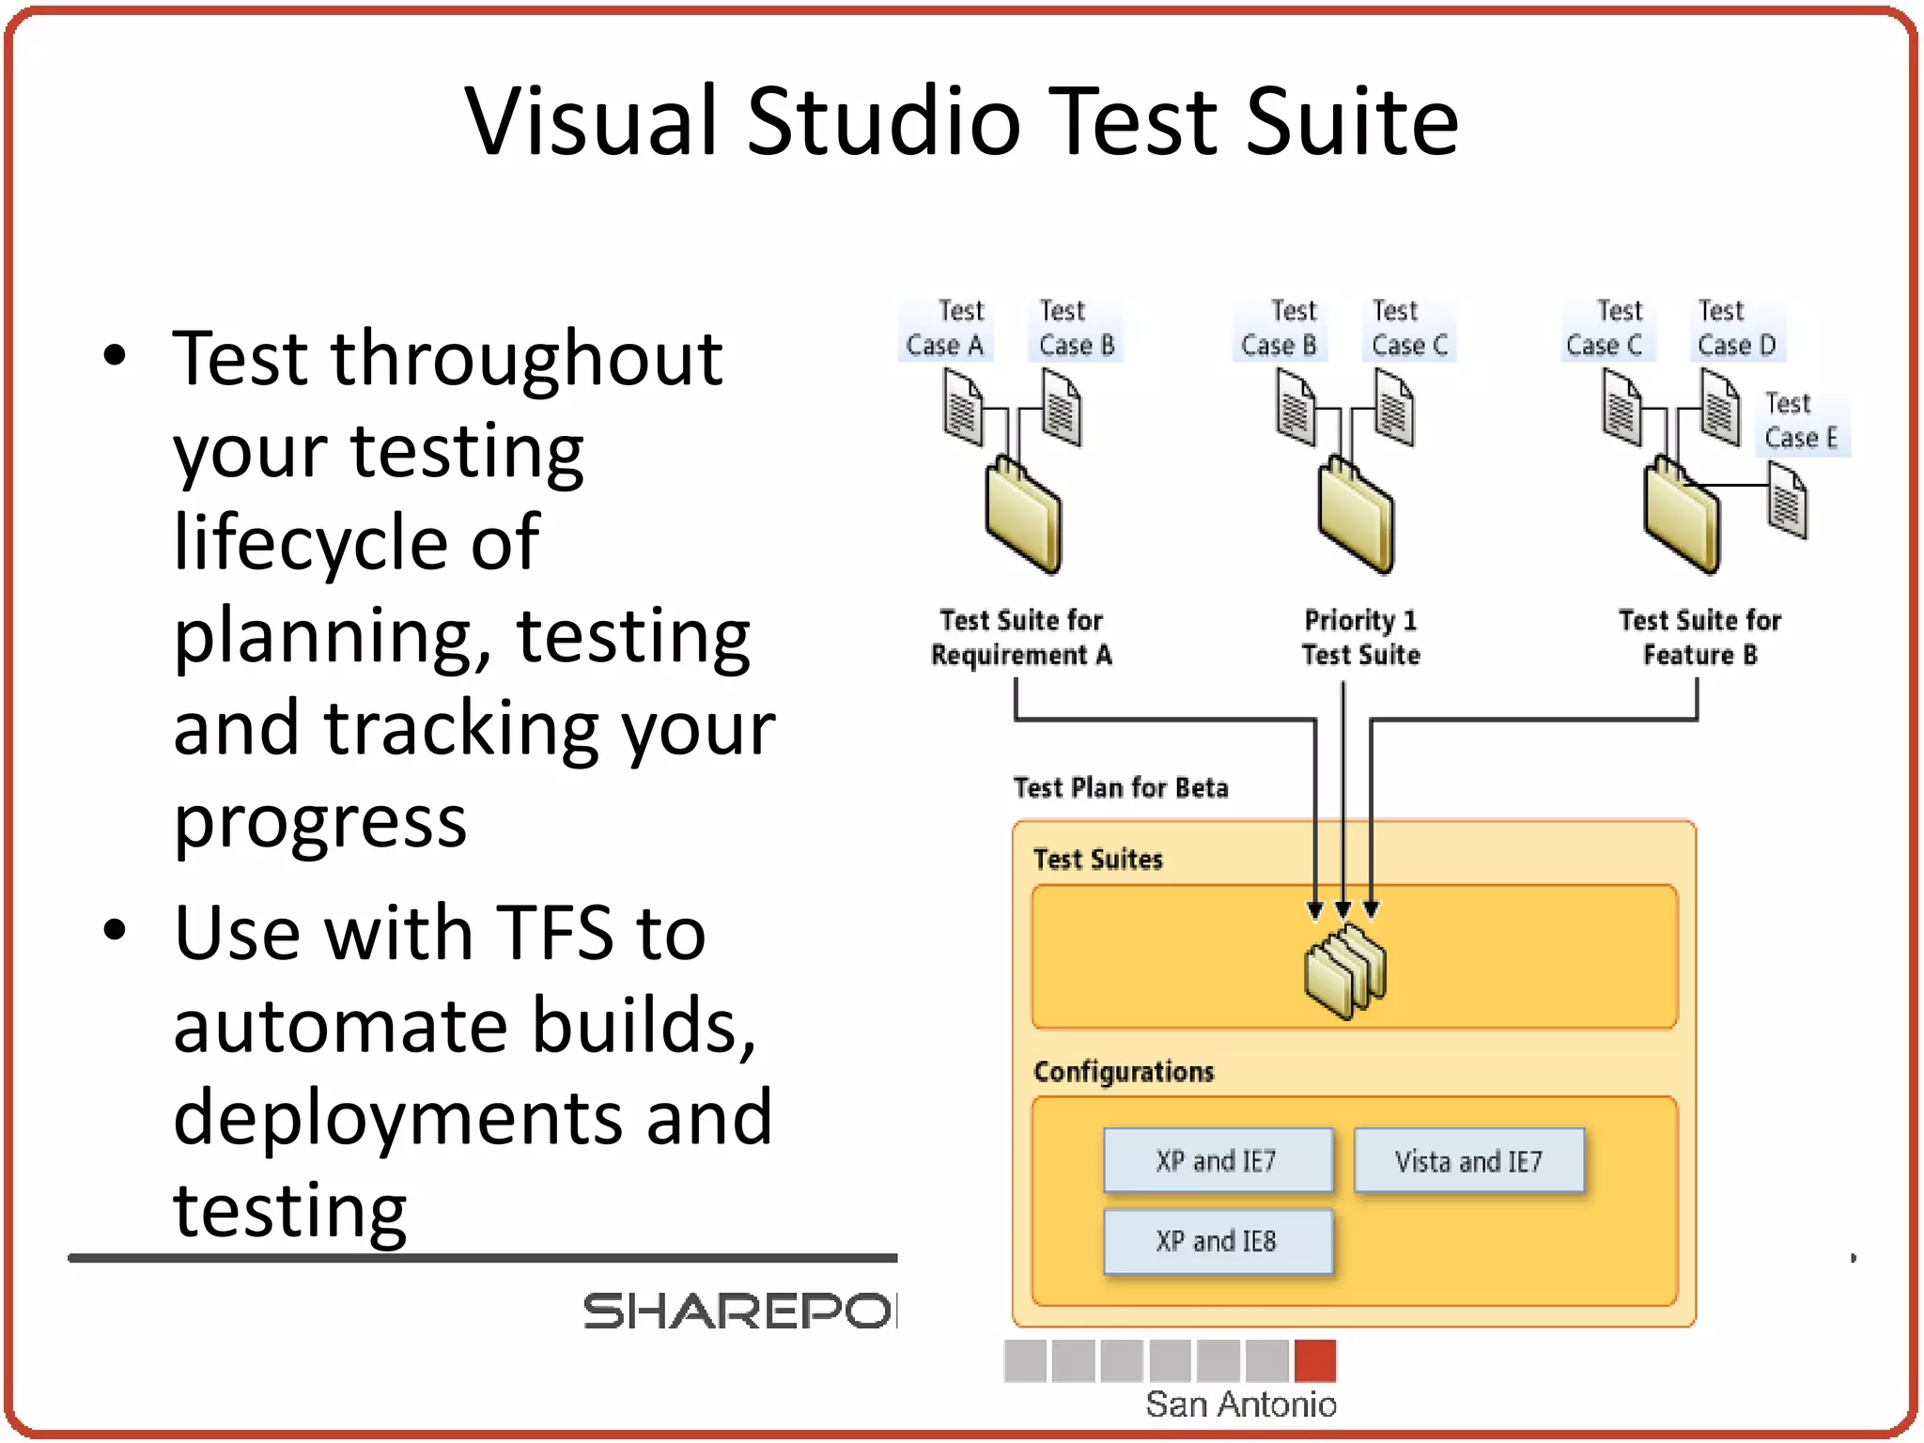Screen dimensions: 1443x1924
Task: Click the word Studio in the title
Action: [883, 122]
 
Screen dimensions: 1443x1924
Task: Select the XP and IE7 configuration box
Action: [1218, 1161]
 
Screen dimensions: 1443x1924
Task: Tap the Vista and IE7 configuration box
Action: [1468, 1162]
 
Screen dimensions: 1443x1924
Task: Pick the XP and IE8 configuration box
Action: [1218, 1242]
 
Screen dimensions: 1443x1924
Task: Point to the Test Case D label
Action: [1736, 329]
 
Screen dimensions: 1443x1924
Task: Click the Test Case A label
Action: [945, 329]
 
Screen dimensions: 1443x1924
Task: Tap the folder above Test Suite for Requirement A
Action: [1023, 517]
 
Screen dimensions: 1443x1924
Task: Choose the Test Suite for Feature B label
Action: [1699, 638]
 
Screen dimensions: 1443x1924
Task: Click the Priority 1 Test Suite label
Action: [1360, 638]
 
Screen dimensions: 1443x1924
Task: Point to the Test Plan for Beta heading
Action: [1121, 787]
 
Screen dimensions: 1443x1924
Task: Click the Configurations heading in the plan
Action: [1124, 1072]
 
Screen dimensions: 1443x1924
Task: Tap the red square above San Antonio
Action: [1314, 1360]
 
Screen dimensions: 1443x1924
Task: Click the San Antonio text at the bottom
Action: [1240, 1404]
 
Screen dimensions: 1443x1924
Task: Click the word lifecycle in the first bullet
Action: [356, 542]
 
